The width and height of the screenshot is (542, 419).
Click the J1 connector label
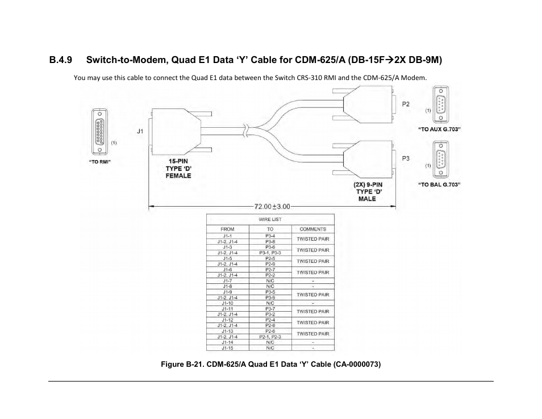point(140,131)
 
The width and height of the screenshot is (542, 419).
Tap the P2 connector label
point(406,104)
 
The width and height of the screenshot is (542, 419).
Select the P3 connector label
point(406,158)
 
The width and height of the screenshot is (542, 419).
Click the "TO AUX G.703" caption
point(439,129)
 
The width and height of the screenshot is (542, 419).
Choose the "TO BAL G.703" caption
point(439,185)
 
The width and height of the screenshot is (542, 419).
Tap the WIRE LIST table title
point(270,219)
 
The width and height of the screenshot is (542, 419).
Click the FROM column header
point(227,229)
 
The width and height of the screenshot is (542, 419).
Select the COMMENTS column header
point(312,229)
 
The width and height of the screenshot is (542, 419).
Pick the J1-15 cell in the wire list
point(227,348)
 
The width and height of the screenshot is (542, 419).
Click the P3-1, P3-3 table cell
point(270,253)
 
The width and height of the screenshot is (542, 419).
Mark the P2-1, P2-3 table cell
point(270,337)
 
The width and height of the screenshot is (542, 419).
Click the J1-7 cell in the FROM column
point(227,281)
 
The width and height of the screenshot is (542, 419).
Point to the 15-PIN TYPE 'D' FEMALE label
point(178,169)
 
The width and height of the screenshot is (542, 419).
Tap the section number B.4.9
point(61,59)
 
